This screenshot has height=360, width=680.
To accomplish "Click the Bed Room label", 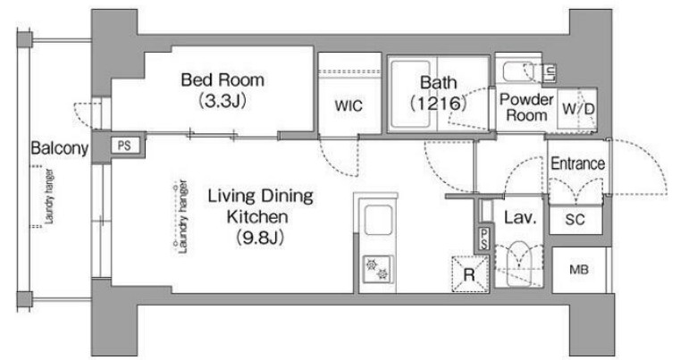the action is click(x=222, y=80).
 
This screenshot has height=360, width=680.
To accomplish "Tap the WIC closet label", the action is click(x=348, y=105).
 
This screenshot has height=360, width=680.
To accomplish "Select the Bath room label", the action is click(x=439, y=82).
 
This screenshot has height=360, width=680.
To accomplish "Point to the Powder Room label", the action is click(x=526, y=107).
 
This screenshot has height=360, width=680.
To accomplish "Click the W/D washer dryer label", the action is click(x=578, y=108).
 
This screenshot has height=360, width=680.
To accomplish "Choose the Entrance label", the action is click(x=577, y=163).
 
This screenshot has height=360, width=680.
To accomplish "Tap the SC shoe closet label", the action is click(x=575, y=220).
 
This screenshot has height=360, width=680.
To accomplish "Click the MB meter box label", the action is click(x=579, y=270).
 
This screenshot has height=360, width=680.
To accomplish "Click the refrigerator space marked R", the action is click(x=470, y=274).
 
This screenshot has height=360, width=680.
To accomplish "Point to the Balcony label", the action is click(x=59, y=149).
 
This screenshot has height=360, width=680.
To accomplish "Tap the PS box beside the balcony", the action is click(x=124, y=145).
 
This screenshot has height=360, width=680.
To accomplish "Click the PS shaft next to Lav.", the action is click(x=484, y=239).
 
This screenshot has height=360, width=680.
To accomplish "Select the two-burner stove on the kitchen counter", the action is click(x=378, y=270).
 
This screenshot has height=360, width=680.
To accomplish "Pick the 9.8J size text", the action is click(x=260, y=238).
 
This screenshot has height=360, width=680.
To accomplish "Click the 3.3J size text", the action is click(x=222, y=101).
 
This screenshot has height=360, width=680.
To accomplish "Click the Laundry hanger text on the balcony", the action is click(x=49, y=196).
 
